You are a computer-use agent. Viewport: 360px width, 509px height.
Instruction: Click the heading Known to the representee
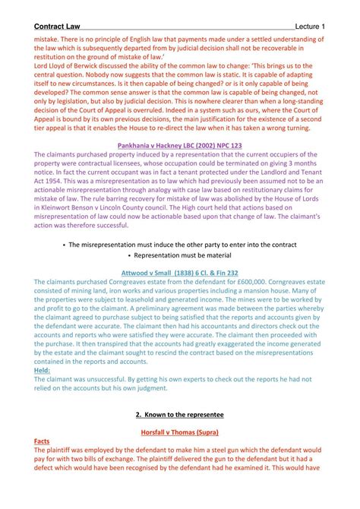point(179,416)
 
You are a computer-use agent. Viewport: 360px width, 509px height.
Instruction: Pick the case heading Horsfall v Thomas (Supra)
point(179,432)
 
